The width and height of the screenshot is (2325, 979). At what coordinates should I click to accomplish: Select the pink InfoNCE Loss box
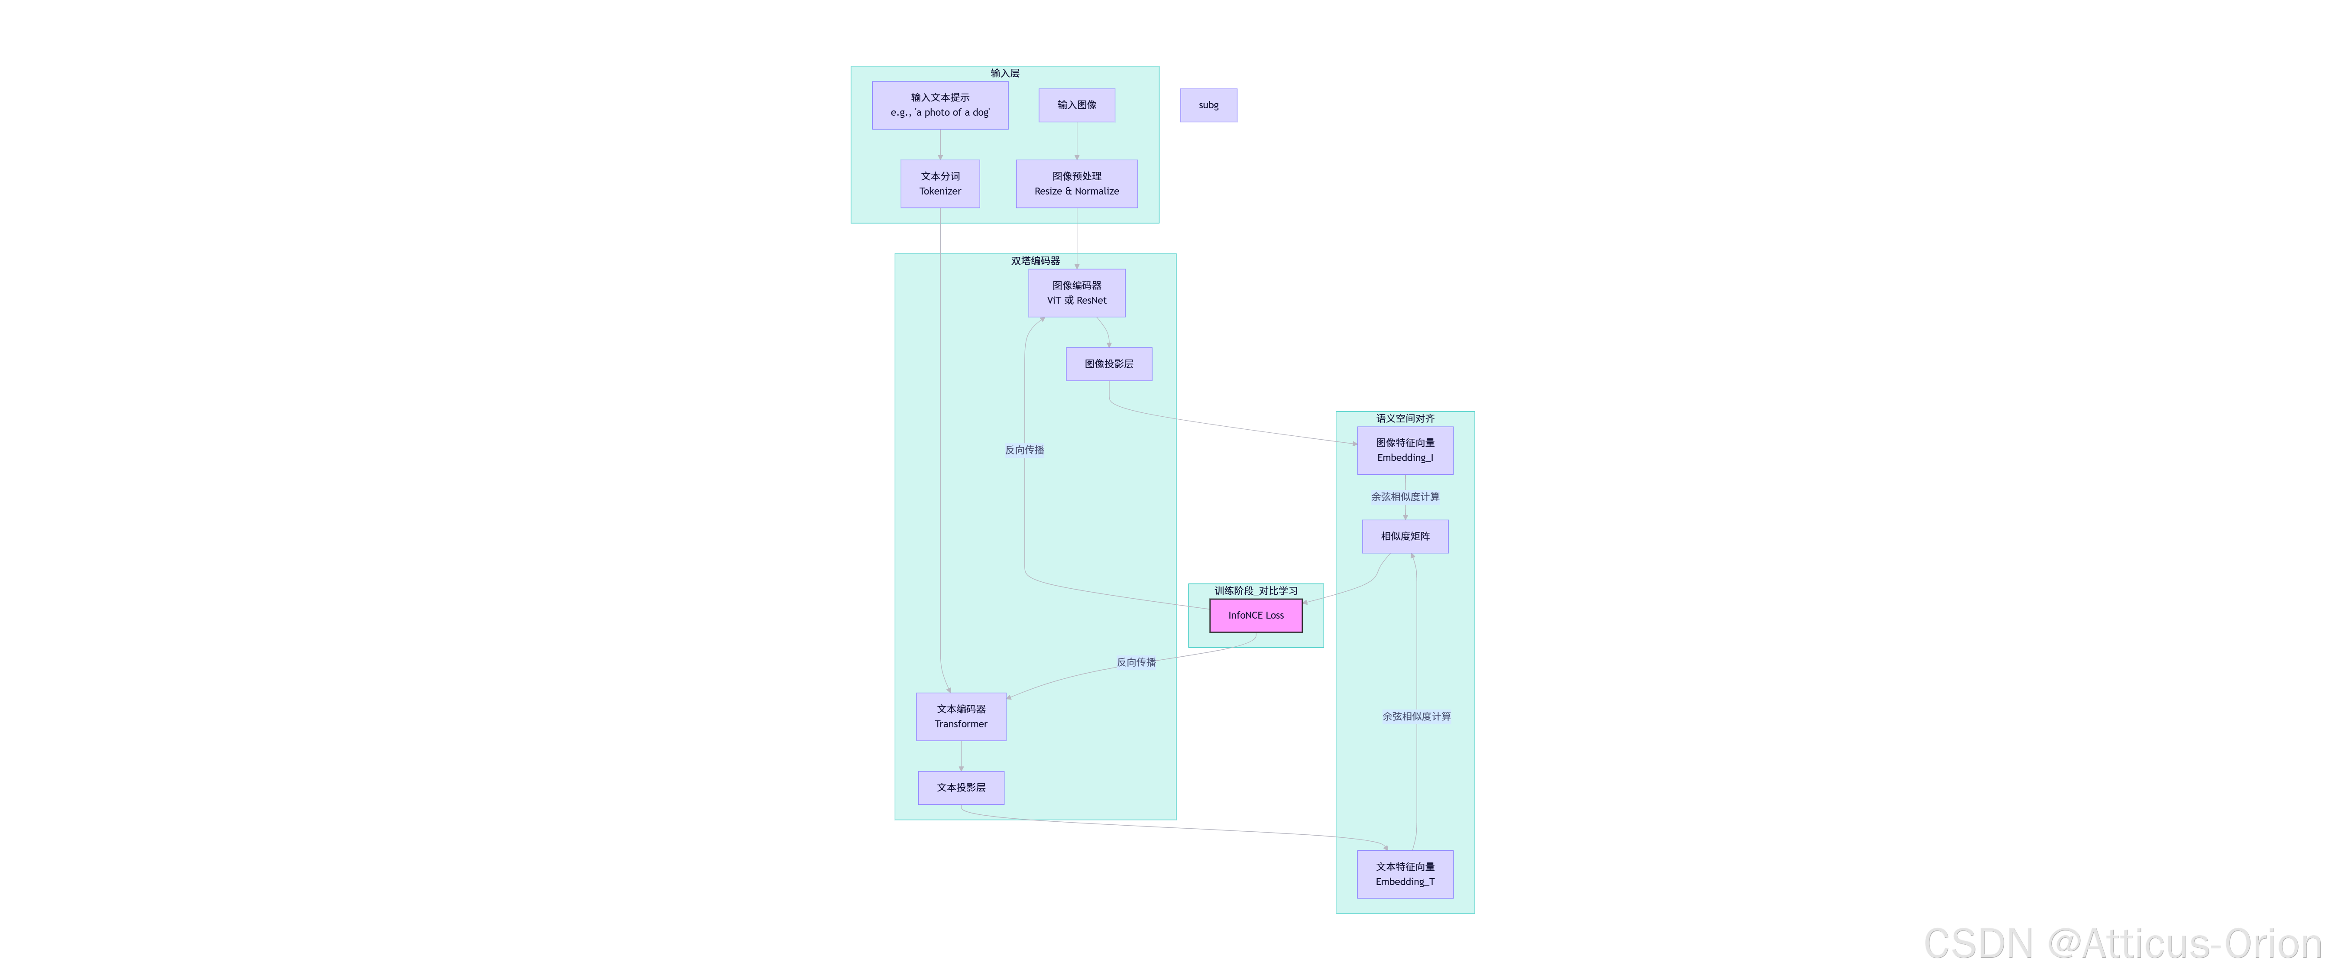point(1256,616)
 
